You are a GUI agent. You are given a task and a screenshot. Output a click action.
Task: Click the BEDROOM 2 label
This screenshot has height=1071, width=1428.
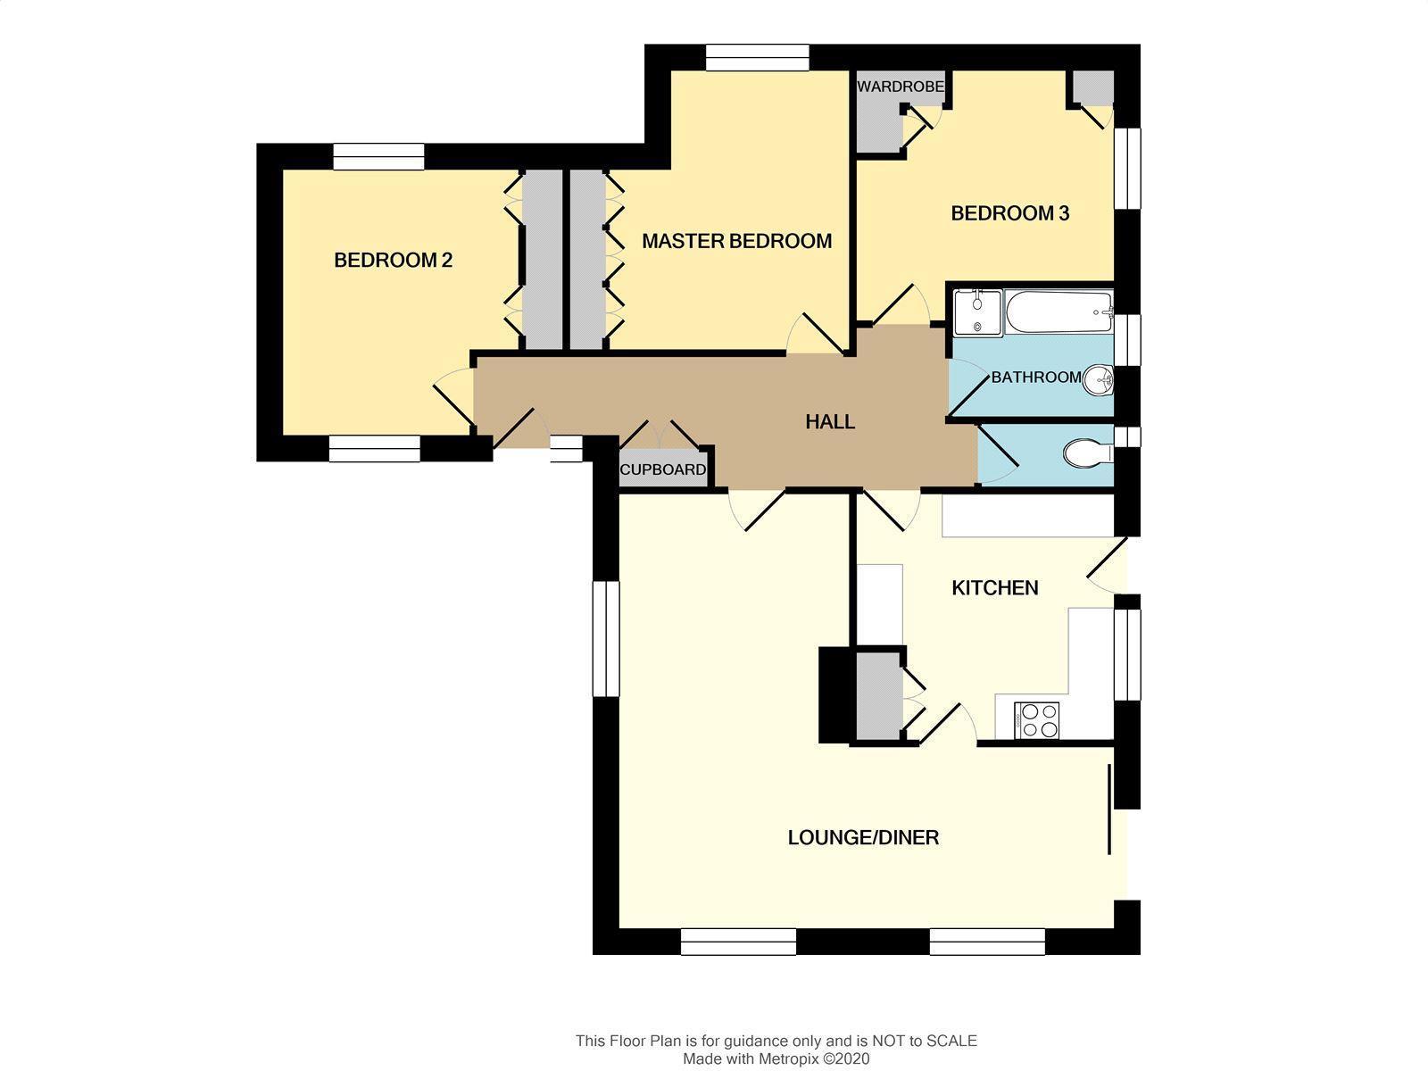pos(393,260)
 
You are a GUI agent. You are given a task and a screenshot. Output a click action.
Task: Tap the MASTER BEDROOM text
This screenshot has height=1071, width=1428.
pos(736,241)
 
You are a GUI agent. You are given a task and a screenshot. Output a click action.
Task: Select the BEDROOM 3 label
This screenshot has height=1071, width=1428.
pos(1009,213)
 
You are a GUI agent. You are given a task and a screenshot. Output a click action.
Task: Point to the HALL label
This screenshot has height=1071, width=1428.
pos(829,422)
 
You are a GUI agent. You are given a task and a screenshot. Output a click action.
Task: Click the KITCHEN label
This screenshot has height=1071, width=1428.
pos(995,588)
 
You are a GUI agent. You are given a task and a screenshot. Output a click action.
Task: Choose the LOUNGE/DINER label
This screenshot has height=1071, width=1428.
pos(863,837)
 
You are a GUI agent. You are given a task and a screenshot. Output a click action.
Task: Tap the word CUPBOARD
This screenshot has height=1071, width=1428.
pos(662,469)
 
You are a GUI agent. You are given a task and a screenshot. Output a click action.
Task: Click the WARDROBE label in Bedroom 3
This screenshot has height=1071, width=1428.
pos(901,87)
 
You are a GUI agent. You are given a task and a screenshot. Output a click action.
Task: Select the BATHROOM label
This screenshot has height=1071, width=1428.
pos(1035,378)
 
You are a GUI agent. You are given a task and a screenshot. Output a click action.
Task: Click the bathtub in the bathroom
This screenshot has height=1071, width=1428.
pos(1059,312)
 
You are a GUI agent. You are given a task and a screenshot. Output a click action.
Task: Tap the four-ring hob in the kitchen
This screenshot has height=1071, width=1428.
pos(1035,720)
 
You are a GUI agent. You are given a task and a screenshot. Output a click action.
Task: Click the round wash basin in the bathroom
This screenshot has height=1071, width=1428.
pos(1098,380)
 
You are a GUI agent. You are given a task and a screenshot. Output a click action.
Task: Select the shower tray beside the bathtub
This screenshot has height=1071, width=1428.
pos(978,312)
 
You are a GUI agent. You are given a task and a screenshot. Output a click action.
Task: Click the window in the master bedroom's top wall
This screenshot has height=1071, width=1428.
pos(758,57)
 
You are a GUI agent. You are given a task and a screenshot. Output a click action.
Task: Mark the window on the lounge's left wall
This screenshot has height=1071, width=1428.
pos(606,638)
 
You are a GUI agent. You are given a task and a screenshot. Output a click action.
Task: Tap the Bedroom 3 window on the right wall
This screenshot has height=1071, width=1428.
pos(1128,169)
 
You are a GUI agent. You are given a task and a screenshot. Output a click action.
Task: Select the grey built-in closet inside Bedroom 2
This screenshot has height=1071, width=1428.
pos(542,260)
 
